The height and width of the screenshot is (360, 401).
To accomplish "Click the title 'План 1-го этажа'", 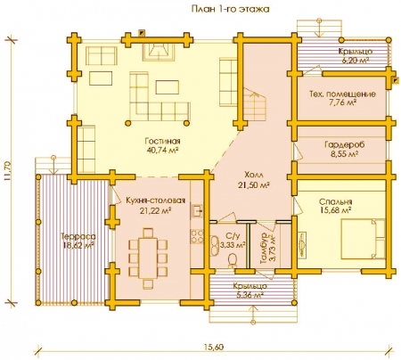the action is point(230,9).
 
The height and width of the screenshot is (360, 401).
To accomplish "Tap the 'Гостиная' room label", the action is point(162,141).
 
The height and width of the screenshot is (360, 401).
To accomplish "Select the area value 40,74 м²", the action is point(162,150).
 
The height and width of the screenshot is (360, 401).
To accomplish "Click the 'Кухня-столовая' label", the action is point(155,200).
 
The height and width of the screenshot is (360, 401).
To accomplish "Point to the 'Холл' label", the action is point(254,174).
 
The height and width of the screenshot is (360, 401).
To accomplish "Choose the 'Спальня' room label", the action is point(335,201).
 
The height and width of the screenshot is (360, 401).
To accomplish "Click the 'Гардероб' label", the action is point(344,144).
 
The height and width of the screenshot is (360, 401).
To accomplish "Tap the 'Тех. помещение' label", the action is point(342,94).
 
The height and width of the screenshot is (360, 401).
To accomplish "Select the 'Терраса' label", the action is point(78,237).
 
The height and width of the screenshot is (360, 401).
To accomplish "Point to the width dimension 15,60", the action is point(214,347).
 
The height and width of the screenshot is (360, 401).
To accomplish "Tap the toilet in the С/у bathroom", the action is point(233,260).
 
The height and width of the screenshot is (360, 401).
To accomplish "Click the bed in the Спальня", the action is point(363,239).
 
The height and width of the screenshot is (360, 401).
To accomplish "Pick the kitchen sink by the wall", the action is point(197,211).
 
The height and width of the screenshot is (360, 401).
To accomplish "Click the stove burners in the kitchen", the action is point(197,236).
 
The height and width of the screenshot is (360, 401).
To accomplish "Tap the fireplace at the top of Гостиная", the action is point(159,52).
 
